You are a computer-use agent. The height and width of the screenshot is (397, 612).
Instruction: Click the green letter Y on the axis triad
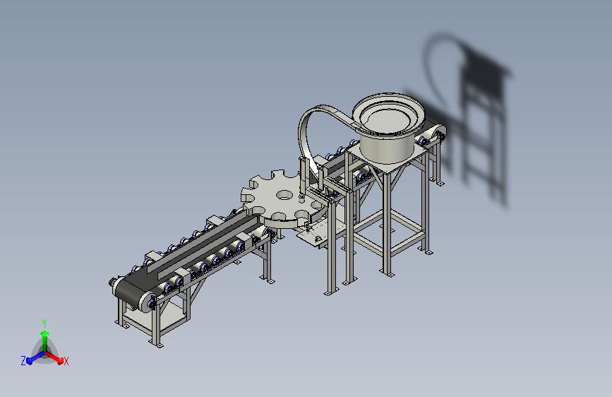[x=44, y=323]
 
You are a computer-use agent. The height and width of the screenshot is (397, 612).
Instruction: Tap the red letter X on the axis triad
[x=66, y=361]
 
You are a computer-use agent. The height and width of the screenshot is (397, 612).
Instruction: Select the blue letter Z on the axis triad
[x=23, y=361]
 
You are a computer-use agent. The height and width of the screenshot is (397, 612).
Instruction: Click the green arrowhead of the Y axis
[x=45, y=333]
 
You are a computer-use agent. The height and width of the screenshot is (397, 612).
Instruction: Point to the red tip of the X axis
[x=60, y=360]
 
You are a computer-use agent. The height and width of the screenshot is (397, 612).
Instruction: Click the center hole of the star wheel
[x=284, y=194]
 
